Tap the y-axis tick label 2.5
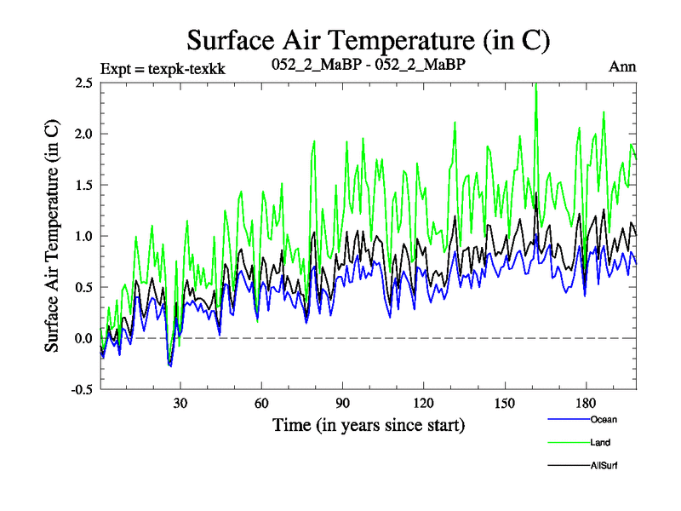(x=83, y=83)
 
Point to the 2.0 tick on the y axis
(x=83, y=135)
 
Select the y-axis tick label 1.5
(x=83, y=186)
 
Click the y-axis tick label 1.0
(x=83, y=237)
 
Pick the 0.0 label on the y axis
(x=83, y=339)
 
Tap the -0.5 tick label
(x=82, y=390)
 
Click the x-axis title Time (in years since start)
(x=369, y=423)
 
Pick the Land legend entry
(x=599, y=442)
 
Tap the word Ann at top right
(x=622, y=66)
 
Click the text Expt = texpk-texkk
(x=162, y=66)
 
